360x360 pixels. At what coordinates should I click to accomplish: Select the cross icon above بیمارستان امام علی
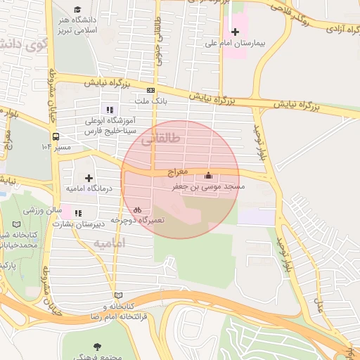[235, 32]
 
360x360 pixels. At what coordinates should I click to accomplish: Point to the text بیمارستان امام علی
[234, 44]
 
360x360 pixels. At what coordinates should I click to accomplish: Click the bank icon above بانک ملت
[150, 90]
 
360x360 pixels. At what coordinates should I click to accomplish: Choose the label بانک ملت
[152, 102]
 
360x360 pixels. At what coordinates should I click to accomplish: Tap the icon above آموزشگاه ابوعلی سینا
[108, 109]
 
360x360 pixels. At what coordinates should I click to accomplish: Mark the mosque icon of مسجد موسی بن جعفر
[207, 175]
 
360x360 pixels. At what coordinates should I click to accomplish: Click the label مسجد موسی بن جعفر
[208, 187]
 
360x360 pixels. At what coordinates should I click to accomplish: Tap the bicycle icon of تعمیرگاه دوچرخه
[138, 208]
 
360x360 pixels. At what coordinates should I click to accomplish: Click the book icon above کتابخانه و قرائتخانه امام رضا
[117, 295]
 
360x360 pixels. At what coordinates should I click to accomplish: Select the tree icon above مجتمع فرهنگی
[96, 346]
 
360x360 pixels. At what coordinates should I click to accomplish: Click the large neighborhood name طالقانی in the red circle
[161, 139]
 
